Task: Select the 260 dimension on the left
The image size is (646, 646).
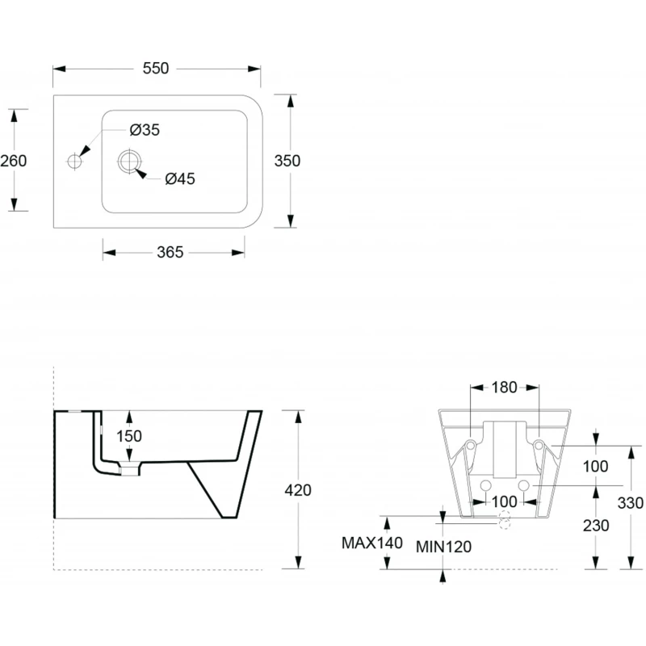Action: point(14,161)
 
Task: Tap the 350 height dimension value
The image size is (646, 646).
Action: point(287,161)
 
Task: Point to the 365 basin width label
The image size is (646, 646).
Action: point(170,252)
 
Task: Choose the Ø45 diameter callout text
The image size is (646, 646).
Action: point(180,179)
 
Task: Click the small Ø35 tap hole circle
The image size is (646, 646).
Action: point(75,161)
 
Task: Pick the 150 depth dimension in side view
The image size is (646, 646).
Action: point(128,436)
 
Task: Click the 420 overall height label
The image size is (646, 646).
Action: point(298,489)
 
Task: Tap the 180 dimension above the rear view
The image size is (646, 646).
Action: point(505,388)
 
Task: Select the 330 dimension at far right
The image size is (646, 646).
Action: point(630,503)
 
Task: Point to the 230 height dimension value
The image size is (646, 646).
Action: point(595,525)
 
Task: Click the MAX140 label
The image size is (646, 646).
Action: point(371,543)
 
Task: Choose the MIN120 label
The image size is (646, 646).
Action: point(443,547)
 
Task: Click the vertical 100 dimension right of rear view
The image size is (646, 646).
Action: point(595,466)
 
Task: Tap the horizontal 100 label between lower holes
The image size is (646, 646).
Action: point(505,502)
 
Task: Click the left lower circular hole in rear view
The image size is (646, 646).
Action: point(486,485)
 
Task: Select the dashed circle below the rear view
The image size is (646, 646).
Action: point(505,521)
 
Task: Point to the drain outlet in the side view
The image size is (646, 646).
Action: point(128,468)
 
